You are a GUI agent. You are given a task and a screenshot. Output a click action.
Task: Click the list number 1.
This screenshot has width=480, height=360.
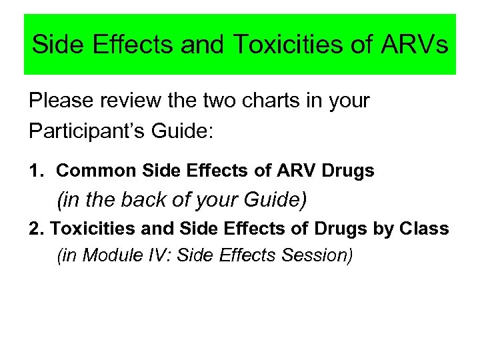point(35,171)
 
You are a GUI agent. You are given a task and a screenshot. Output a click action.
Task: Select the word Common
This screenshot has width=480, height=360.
point(97,171)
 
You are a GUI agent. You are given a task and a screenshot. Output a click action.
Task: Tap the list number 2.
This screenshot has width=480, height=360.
point(35,229)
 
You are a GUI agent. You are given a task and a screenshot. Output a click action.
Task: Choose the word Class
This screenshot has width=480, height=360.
point(425,229)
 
